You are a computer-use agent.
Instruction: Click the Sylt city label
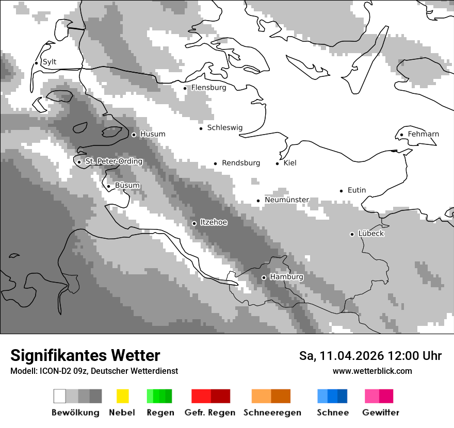(x=50, y=62)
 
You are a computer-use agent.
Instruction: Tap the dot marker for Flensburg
(x=185, y=88)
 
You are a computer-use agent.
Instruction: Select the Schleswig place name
(x=224, y=128)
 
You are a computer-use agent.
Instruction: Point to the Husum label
(x=153, y=134)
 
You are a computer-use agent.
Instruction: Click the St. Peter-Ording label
(x=113, y=161)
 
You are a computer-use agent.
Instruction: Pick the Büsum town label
(x=127, y=186)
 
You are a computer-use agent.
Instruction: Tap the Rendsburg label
(x=241, y=163)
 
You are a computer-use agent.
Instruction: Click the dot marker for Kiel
(x=278, y=163)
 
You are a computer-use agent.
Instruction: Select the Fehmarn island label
(x=423, y=134)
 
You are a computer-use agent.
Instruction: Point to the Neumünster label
(x=287, y=200)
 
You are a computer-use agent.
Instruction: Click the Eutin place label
(x=356, y=190)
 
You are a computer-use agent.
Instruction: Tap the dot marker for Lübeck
(x=352, y=234)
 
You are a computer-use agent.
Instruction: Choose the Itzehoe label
(x=214, y=222)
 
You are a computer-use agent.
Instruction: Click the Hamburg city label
(x=286, y=277)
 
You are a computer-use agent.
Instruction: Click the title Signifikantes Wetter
(x=85, y=355)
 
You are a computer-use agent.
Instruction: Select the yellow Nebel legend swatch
(x=122, y=396)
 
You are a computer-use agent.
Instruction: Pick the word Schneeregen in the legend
(x=272, y=413)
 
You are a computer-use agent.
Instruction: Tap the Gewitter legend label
(x=381, y=413)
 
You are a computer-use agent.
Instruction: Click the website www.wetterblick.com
(x=372, y=371)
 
